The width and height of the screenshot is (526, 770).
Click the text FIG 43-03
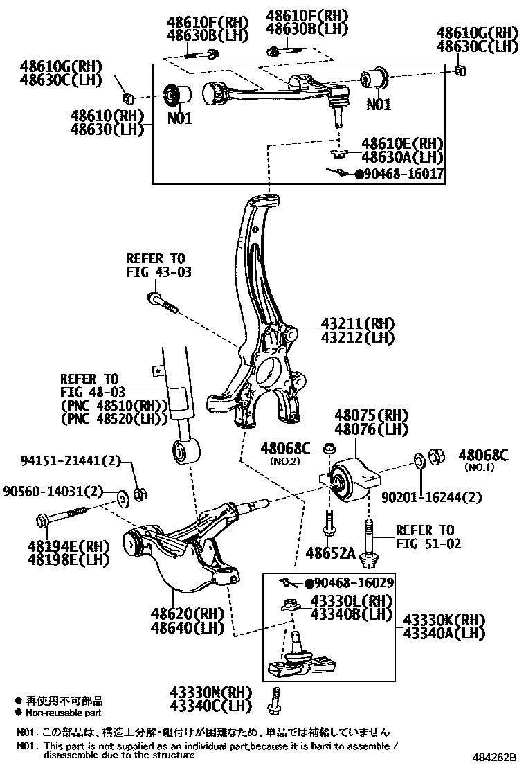click(x=158, y=272)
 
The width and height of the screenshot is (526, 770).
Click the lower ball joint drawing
click(x=298, y=658)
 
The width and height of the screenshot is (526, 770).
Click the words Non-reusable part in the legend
click(x=64, y=712)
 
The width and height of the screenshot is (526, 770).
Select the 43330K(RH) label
click(x=438, y=619)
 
